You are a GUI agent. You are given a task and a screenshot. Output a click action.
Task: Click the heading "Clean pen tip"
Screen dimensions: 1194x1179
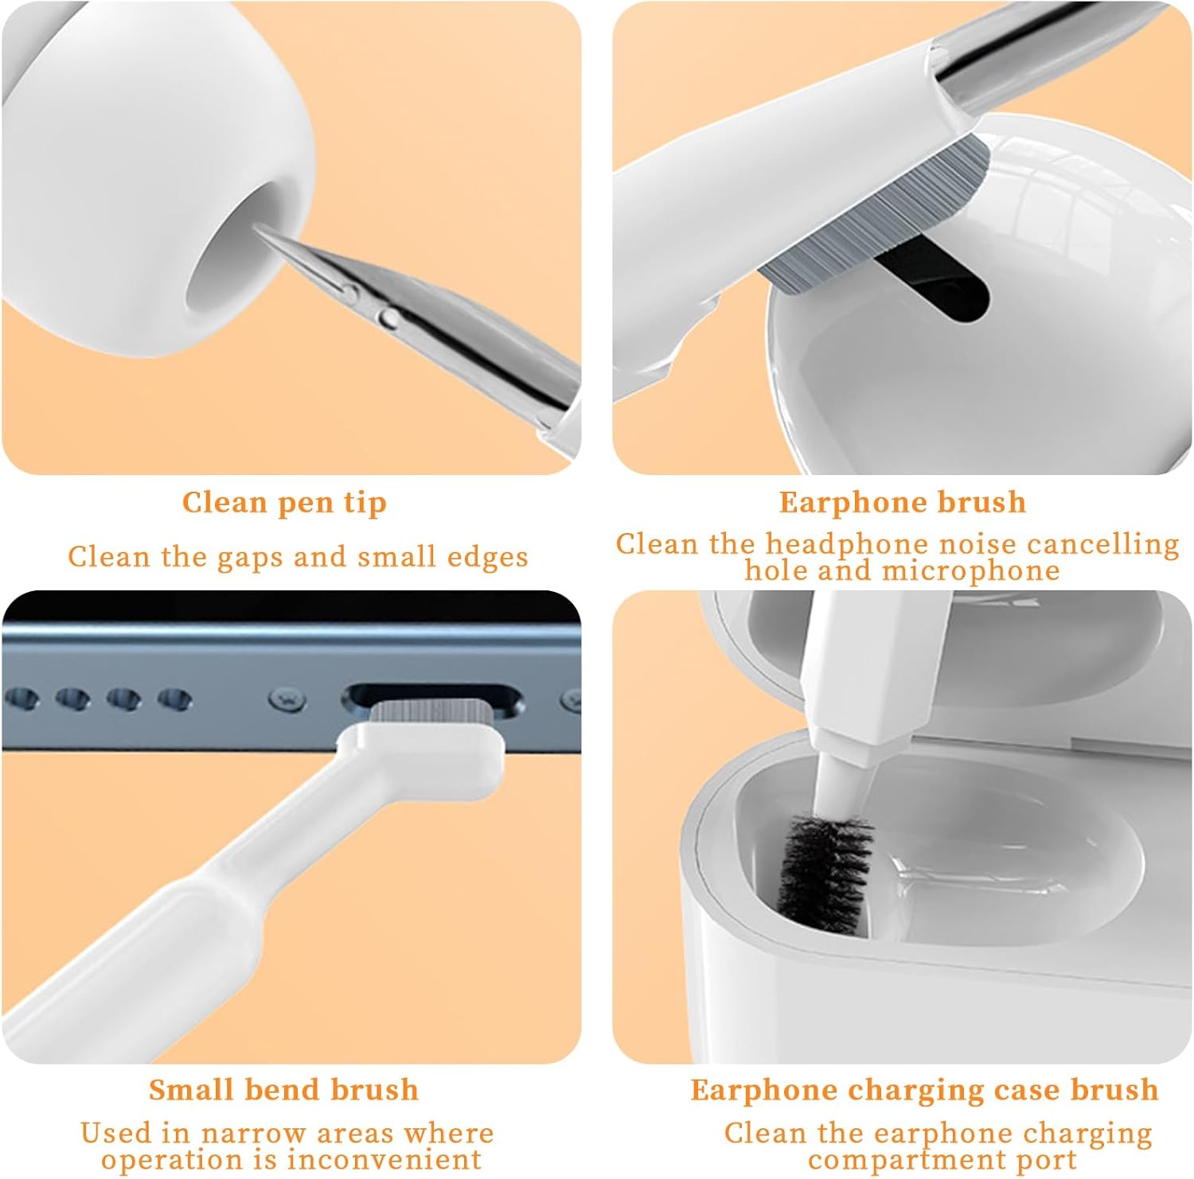tap(284, 503)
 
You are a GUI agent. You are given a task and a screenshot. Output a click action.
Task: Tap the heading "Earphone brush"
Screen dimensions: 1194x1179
tap(903, 502)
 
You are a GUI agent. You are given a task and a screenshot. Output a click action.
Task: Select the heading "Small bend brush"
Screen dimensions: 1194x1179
tap(283, 1089)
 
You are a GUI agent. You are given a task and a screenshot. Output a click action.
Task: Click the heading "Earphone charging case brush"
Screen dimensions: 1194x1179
tap(924, 1089)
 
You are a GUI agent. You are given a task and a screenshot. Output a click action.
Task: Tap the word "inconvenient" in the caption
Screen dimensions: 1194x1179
tap(385, 1158)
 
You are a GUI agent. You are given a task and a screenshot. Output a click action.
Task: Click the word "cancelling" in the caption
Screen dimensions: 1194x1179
tap(1102, 544)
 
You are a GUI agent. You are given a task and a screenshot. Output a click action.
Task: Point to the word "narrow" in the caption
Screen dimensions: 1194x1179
tap(253, 1133)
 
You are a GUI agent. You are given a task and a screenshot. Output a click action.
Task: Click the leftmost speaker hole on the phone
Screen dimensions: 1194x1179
tap(21, 699)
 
